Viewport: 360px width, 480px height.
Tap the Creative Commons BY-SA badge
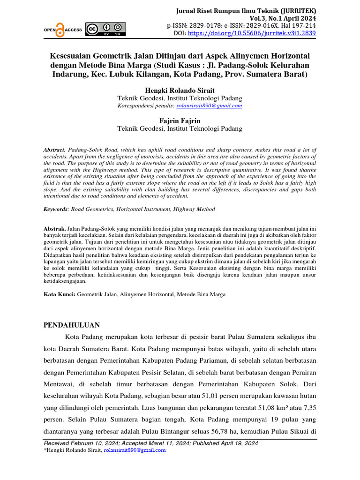coord(105,29)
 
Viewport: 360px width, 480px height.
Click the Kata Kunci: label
coord(59,295)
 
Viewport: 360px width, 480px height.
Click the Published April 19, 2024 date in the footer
coord(222,443)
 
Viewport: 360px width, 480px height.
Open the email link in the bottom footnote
coord(135,450)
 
